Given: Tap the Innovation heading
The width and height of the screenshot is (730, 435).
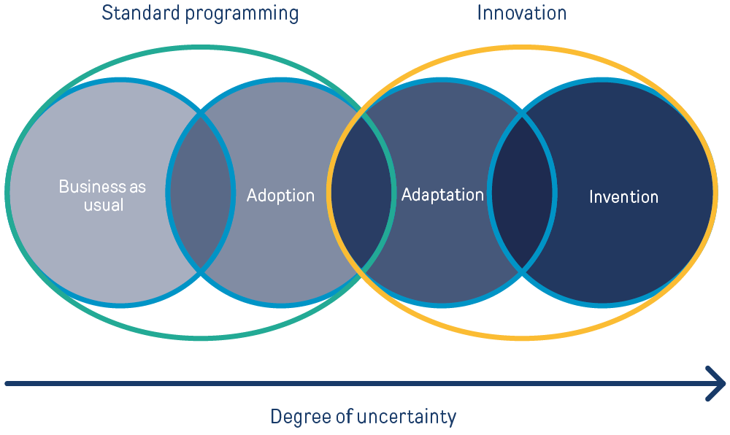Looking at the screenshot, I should (x=521, y=13).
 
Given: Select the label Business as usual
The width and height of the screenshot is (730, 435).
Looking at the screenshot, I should (x=102, y=196).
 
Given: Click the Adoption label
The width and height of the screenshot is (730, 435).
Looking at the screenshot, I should (x=280, y=196).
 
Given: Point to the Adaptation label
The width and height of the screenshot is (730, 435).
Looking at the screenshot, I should (x=442, y=195).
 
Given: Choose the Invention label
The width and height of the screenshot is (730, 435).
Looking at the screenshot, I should (x=623, y=196).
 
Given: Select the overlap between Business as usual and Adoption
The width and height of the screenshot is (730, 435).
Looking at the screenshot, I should (x=201, y=193).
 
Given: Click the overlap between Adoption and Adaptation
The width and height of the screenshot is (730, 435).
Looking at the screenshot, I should (x=362, y=193).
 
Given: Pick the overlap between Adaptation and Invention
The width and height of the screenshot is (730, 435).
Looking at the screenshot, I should (x=521, y=193).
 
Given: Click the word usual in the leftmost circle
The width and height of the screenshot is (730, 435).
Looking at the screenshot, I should (x=103, y=205).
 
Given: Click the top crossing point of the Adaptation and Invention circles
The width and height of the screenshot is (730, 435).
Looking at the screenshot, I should (x=522, y=114).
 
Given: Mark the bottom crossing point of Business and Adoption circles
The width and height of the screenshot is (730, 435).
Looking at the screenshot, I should (x=201, y=272).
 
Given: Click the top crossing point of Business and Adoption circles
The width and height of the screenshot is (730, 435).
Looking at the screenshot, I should (x=201, y=114).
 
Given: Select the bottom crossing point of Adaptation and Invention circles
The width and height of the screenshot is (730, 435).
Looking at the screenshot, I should (x=522, y=272).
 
